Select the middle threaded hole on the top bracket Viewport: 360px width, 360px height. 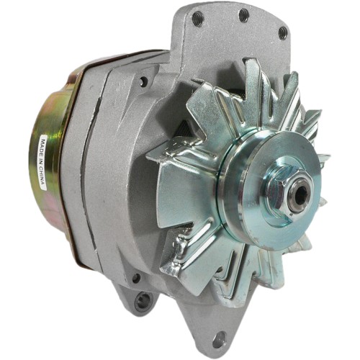point(243,15)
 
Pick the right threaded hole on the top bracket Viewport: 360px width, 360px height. point(282,32)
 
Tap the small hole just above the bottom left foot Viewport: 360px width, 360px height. point(135,277)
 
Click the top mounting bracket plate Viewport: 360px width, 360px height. point(238,36)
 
